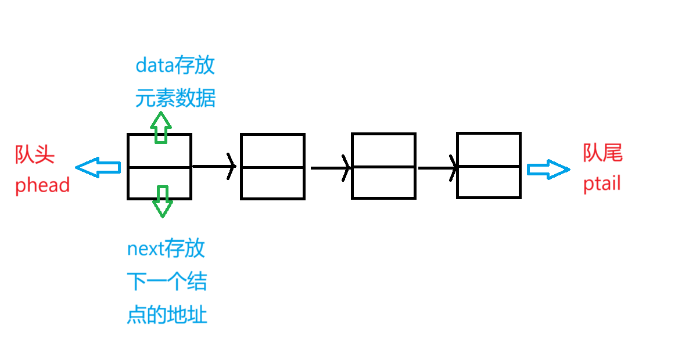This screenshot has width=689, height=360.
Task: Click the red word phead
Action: [42, 185]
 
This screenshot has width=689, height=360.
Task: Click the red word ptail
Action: [602, 184]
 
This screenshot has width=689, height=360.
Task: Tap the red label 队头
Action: [35, 154]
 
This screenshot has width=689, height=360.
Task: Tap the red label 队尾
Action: [602, 153]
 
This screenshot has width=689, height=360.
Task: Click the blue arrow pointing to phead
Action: [98, 168]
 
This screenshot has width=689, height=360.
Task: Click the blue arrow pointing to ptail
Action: [548, 169]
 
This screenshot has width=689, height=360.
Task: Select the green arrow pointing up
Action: [161, 127]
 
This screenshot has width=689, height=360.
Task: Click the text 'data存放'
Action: [175, 65]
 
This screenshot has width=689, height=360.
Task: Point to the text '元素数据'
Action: [175, 98]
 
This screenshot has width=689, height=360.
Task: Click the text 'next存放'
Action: [166, 249]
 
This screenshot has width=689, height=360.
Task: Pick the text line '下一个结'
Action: [167, 282]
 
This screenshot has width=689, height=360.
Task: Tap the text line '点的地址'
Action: [167, 315]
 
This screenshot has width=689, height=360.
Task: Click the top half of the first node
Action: [159, 151]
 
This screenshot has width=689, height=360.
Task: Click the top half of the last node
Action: [489, 150]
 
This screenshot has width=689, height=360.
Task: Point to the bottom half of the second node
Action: [272, 183]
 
